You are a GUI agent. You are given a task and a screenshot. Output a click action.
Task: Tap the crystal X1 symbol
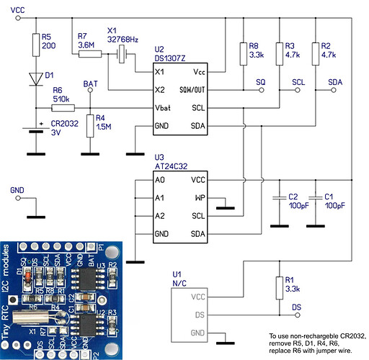click(123, 54)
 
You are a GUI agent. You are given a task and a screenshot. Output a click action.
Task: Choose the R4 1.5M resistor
click(89, 126)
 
